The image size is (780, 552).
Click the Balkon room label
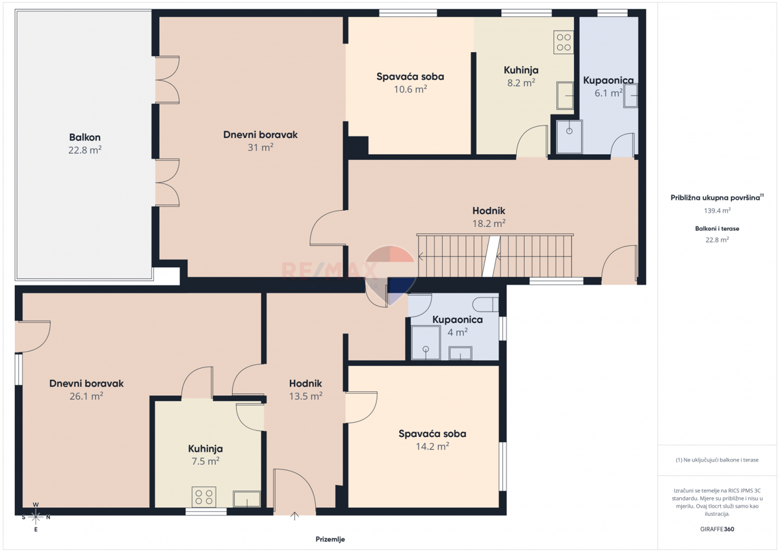84,137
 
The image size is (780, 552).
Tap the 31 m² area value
260,148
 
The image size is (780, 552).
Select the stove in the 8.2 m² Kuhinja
564,42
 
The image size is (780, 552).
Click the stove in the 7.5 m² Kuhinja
203,497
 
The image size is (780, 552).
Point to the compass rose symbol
36,517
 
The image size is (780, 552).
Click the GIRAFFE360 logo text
717,529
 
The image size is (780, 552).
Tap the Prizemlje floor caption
330,539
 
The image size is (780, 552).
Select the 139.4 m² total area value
717,211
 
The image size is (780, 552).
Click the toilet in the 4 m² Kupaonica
486,305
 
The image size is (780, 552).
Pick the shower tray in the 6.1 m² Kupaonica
569,137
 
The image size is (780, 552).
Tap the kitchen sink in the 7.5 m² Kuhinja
246,499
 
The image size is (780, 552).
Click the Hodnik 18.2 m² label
489,217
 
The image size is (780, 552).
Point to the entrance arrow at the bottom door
294,516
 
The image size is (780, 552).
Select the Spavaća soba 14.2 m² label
432,440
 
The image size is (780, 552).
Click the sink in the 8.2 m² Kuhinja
565,96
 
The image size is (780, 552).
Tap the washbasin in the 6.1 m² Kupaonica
630,96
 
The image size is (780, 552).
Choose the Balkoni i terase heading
717,228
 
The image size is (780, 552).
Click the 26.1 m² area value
86,396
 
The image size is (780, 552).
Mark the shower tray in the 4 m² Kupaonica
426,343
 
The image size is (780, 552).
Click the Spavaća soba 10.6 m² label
410,83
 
